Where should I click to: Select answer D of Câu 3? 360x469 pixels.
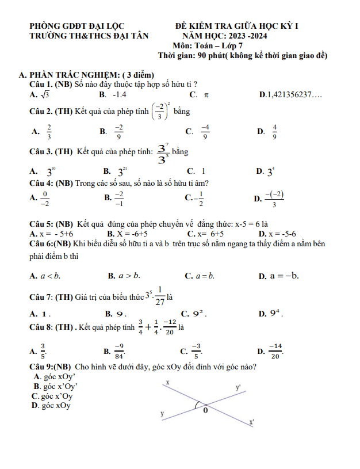[x=270, y=171]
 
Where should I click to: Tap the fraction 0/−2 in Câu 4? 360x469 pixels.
[x=46, y=199]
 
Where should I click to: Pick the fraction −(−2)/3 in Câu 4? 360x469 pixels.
[x=274, y=199]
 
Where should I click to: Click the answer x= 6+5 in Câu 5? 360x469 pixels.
[x=210, y=234]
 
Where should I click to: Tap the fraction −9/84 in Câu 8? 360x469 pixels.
[x=119, y=350]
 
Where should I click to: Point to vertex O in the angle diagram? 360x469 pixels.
[x=205, y=410]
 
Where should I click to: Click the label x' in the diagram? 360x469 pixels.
[x=251, y=423]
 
